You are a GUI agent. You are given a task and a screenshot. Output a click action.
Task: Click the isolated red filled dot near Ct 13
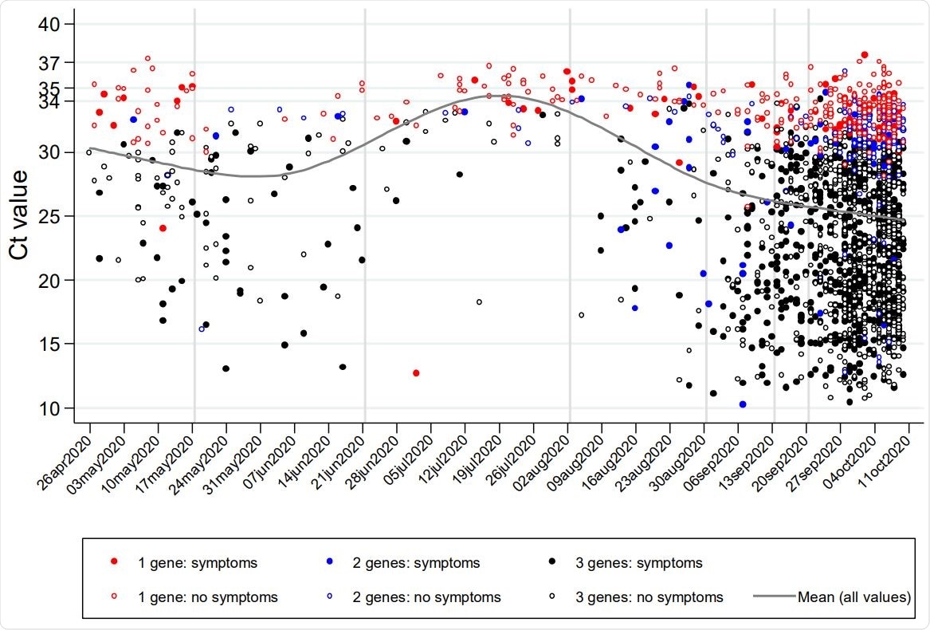point(416,373)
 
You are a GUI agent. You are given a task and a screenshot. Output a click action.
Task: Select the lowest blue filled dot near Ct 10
point(743,404)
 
